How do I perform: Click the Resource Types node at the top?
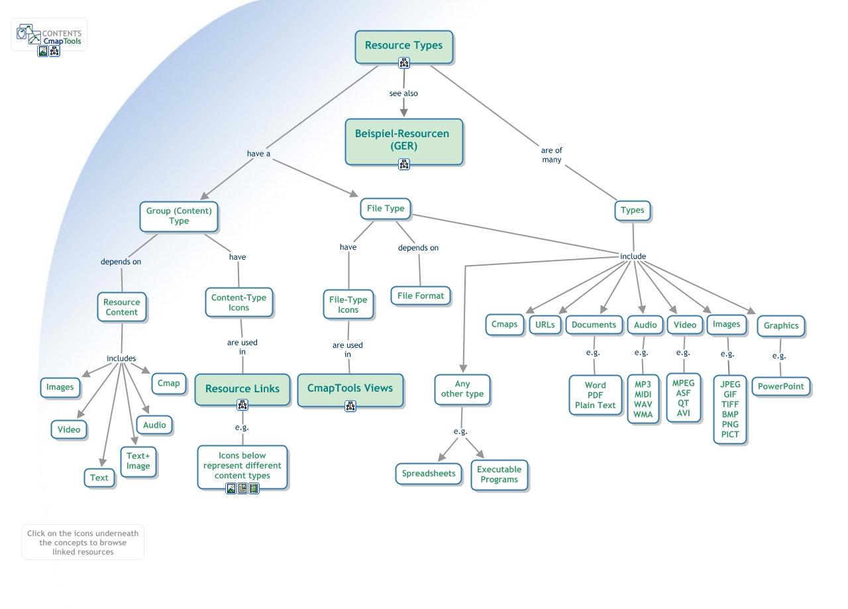403,46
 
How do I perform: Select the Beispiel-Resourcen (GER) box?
403,140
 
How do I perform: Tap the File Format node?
421,296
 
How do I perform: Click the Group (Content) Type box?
179,216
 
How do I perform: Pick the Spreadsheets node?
429,474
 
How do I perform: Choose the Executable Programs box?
500,474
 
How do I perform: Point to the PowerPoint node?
780,386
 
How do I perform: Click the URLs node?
545,325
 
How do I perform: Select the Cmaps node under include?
504,324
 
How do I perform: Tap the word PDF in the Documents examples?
595,395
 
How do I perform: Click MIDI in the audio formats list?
643,394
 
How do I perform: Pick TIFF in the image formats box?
730,404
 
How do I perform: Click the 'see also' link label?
403,93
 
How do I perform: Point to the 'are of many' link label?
551,155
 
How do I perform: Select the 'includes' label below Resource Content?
121,359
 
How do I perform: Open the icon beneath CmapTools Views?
350,406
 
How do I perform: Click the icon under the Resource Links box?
242,405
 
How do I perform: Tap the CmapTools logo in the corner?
50,34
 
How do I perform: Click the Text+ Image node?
138,461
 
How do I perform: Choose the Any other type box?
462,389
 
